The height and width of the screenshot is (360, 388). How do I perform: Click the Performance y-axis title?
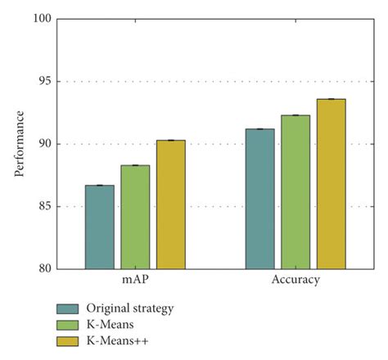(18, 144)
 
